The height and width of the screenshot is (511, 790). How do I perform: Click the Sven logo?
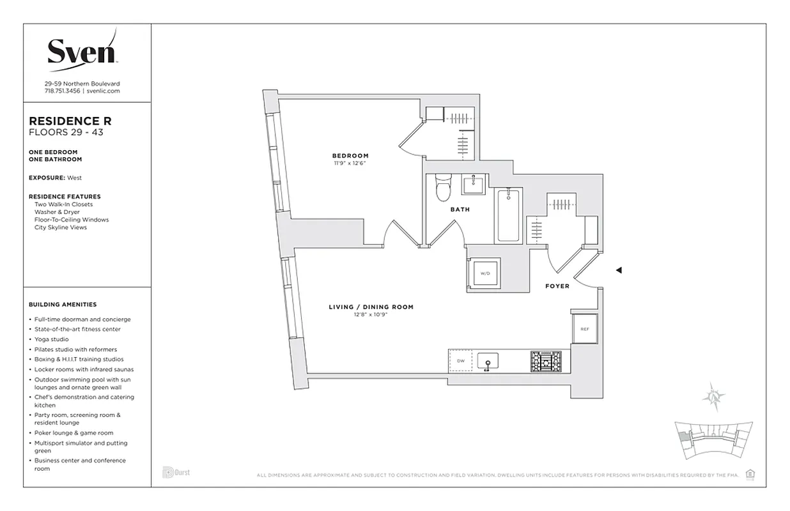click(x=82, y=50)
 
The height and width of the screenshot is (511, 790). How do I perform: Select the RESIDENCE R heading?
click(x=66, y=121)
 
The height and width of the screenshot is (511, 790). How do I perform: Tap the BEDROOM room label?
click(x=350, y=156)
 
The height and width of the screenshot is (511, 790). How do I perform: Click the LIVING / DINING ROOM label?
click(x=371, y=307)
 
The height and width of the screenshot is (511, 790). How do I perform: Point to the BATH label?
click(x=460, y=210)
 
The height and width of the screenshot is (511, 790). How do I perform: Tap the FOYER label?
click(x=557, y=286)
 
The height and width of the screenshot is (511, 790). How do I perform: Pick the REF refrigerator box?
click(x=584, y=329)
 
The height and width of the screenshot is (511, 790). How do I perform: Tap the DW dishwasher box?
click(x=460, y=362)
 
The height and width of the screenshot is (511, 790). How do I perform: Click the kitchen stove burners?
click(x=545, y=362)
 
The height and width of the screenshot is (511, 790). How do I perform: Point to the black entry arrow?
click(x=618, y=270)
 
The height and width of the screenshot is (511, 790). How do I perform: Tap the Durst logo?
click(x=176, y=473)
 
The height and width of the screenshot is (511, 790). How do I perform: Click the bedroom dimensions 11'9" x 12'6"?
click(x=350, y=164)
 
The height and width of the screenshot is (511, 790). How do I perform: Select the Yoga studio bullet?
click(x=52, y=339)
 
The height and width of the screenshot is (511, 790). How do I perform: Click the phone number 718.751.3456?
click(x=62, y=91)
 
